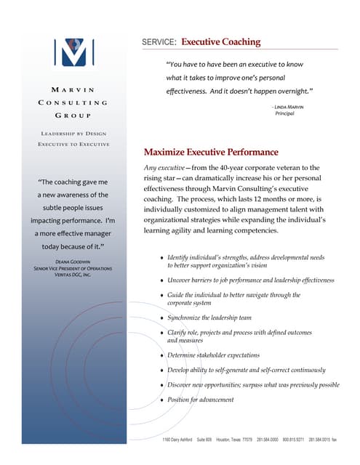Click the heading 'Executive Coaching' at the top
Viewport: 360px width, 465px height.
pyautogui.click(x=220, y=42)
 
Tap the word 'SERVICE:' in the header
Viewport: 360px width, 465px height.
pyautogui.click(x=159, y=43)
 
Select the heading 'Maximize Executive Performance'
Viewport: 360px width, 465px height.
pyautogui.click(x=211, y=153)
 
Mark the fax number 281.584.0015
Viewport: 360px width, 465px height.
pyautogui.click(x=322, y=440)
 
